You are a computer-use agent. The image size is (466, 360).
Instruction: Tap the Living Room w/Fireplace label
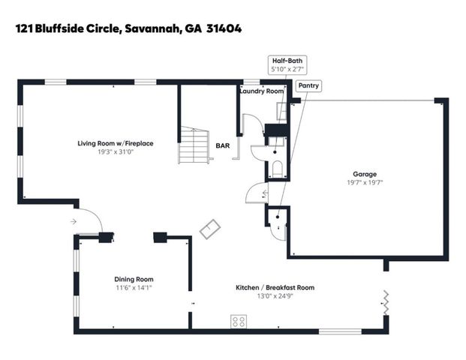116,142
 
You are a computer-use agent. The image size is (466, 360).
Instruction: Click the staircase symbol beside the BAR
193,146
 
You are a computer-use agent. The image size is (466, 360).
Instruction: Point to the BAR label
223,145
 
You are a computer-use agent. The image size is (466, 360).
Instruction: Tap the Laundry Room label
261,91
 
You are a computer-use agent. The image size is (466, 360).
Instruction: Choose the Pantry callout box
308,85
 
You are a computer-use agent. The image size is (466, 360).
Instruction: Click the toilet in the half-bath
276,169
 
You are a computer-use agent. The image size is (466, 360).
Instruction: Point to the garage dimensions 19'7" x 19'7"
365,182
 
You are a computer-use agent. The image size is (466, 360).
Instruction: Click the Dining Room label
134,279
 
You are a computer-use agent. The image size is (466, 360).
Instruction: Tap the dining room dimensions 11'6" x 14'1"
134,288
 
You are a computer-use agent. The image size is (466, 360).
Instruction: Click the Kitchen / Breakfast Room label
275,287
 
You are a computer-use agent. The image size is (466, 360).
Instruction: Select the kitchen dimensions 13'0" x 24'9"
275,296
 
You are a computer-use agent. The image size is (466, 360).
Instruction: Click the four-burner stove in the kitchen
239,322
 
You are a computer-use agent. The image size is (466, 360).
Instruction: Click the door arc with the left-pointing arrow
256,196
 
